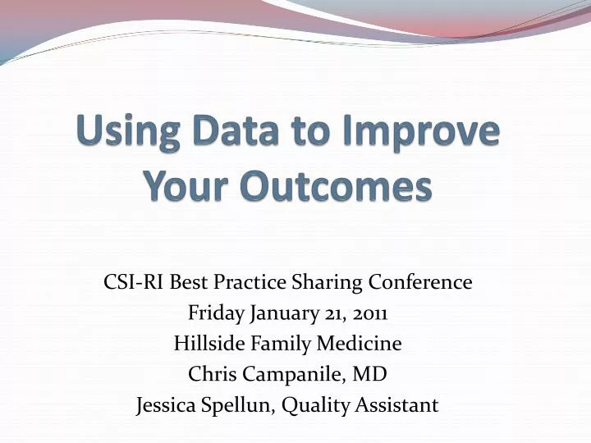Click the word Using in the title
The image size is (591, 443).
[x=126, y=133]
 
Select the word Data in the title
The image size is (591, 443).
[x=239, y=133]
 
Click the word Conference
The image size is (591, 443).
[x=419, y=282]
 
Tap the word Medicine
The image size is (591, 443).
[x=360, y=343]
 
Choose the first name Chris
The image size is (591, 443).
[x=211, y=374]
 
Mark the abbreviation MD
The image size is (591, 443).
[x=369, y=374]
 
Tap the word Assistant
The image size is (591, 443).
[x=400, y=404]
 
